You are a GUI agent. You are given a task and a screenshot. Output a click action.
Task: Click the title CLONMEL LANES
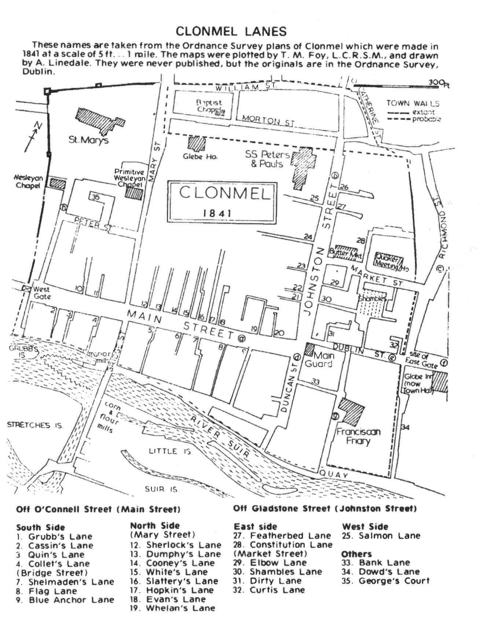231,32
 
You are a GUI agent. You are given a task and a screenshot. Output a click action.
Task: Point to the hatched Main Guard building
310,350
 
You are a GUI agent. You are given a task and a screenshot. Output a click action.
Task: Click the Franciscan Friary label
358,436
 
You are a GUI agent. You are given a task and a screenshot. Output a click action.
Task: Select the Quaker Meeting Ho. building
389,261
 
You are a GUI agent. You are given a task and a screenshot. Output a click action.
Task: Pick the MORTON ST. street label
268,120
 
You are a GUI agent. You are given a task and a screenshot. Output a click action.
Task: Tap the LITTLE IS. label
170,451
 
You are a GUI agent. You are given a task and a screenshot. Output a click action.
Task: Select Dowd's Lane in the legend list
389,571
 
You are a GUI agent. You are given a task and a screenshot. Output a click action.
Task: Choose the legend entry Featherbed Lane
290,536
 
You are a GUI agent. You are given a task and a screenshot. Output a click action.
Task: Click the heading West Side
365,527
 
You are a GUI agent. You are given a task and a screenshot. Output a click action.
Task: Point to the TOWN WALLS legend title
412,104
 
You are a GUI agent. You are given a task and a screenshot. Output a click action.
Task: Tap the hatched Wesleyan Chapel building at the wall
58,183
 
